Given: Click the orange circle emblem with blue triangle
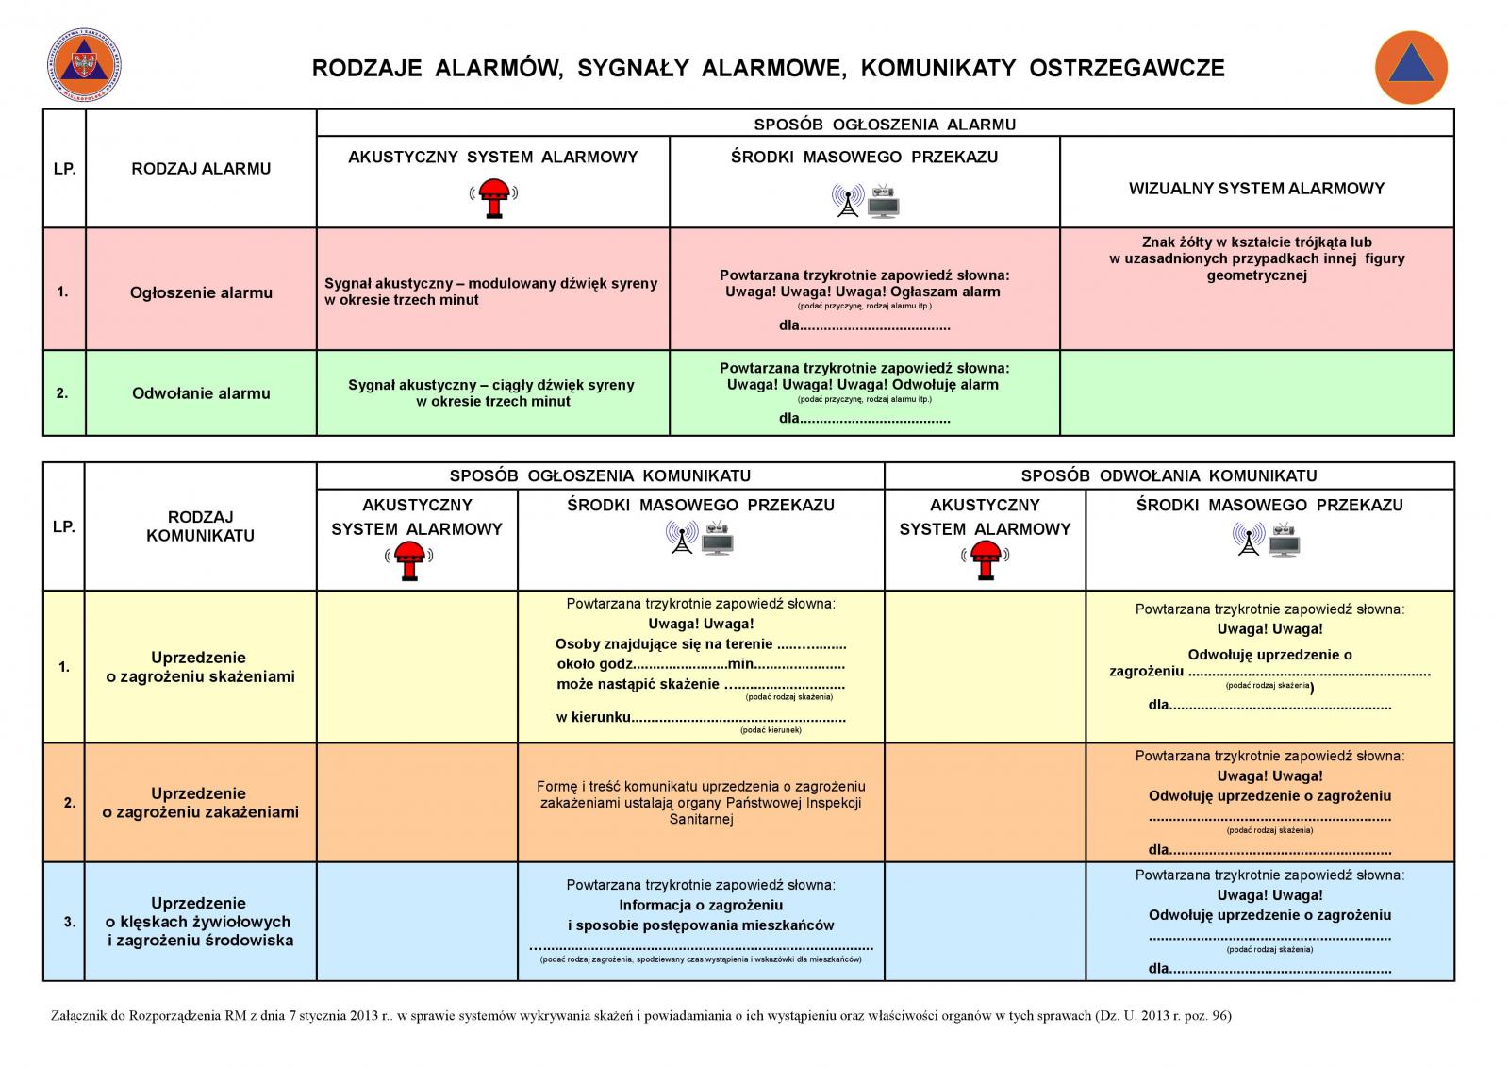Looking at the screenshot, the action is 1411,67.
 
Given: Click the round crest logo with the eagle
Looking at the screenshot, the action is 84,65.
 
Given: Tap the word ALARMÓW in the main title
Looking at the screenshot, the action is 499,68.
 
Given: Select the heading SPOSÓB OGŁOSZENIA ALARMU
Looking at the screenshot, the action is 885,124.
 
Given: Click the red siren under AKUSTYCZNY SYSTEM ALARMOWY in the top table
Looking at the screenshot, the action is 494,197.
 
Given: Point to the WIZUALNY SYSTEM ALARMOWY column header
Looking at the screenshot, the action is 1256,188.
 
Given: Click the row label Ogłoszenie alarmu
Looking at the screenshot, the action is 201,292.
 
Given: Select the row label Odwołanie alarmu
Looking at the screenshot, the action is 201,393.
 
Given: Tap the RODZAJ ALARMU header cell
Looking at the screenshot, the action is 201,169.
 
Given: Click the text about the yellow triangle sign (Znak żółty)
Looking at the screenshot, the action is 1256,258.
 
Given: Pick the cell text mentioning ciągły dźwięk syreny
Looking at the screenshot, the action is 491,393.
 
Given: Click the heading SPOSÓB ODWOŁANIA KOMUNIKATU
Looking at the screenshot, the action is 1169,475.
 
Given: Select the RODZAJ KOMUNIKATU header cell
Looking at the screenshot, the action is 200,525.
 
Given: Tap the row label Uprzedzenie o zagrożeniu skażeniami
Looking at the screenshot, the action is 200,667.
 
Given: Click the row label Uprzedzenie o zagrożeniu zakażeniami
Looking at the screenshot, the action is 200,802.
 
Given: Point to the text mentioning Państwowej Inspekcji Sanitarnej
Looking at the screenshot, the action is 701,802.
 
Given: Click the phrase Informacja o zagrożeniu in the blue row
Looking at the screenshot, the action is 701,905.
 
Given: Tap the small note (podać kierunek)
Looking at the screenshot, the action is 771,730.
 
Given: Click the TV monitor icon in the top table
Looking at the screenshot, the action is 883,202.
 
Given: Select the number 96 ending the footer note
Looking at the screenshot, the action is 1220,1016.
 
